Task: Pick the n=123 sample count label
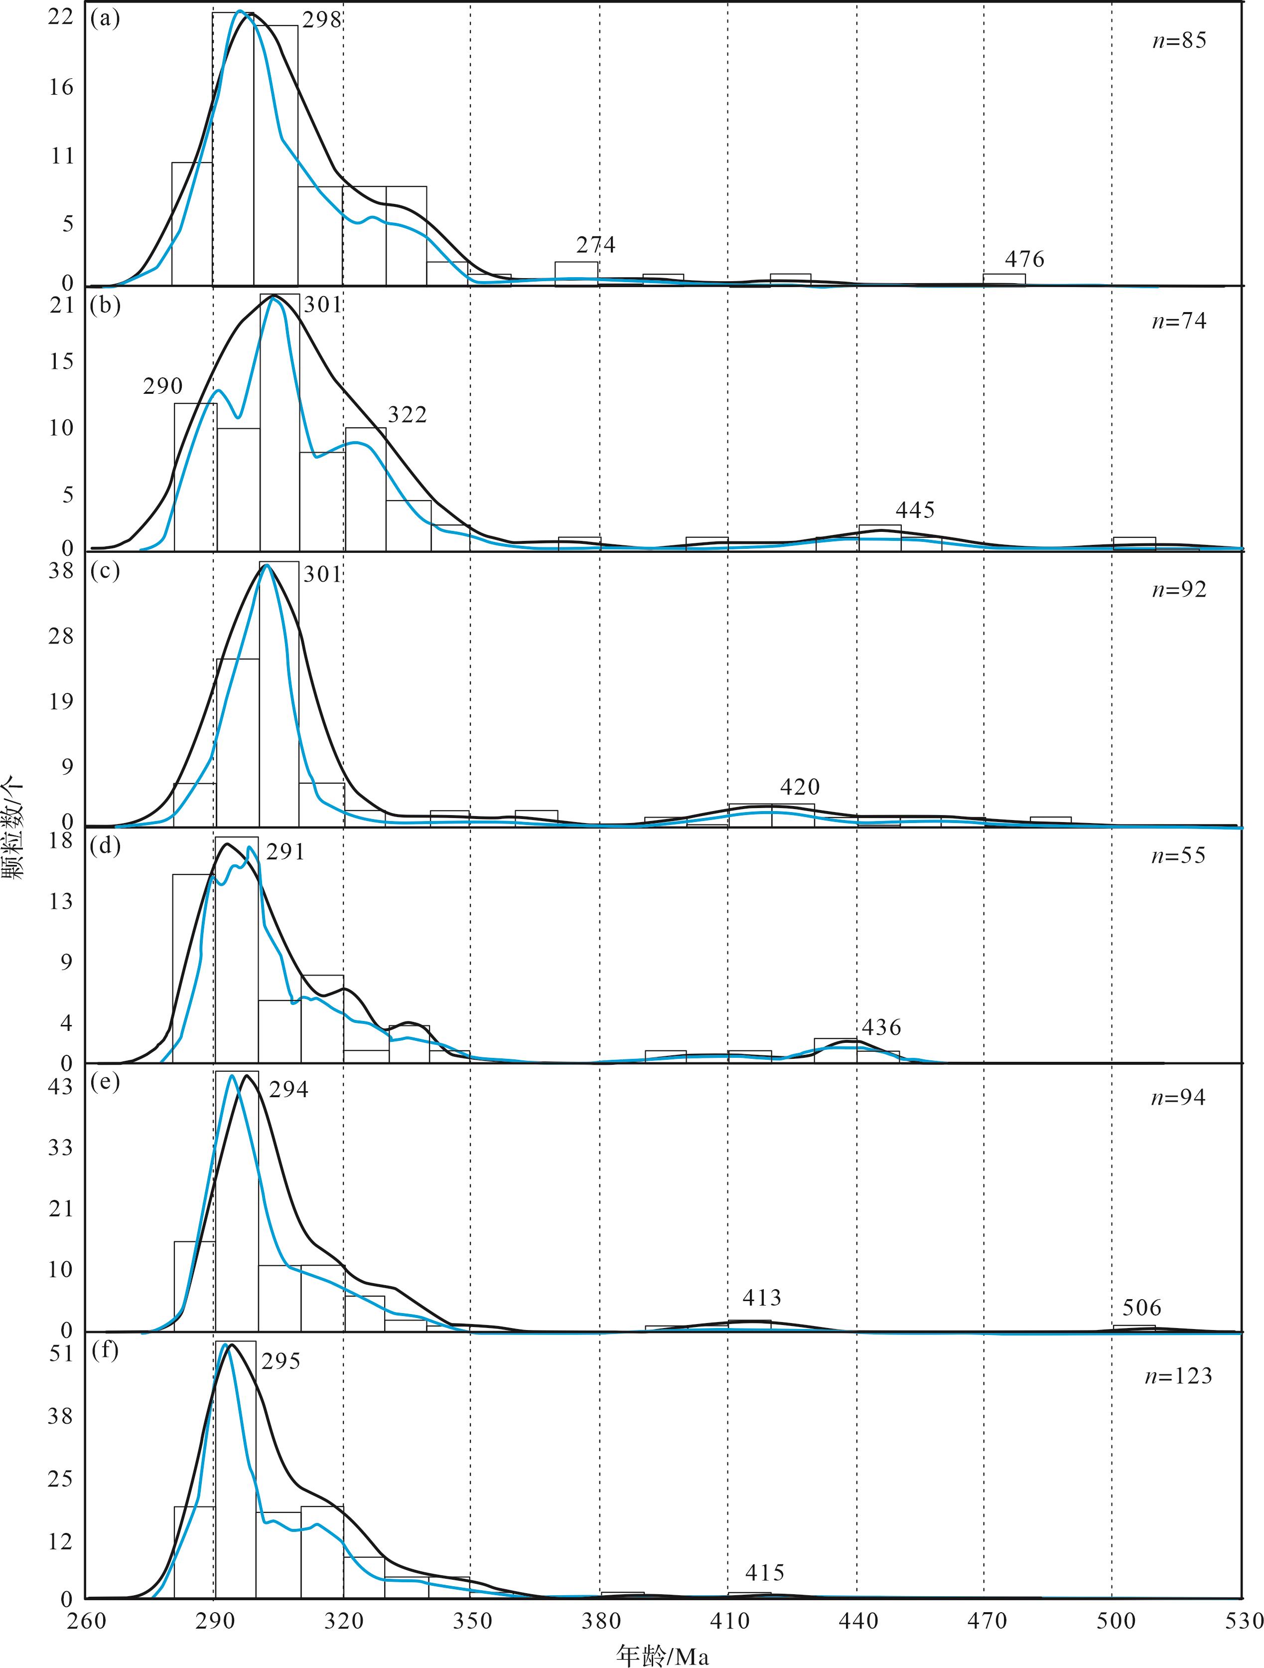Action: tap(1179, 1377)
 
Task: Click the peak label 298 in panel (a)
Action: tap(322, 20)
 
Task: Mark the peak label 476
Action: tap(1024, 260)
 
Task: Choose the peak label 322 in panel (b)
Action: tap(407, 415)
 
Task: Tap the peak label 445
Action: tap(915, 510)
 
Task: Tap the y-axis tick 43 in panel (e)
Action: tap(60, 1087)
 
